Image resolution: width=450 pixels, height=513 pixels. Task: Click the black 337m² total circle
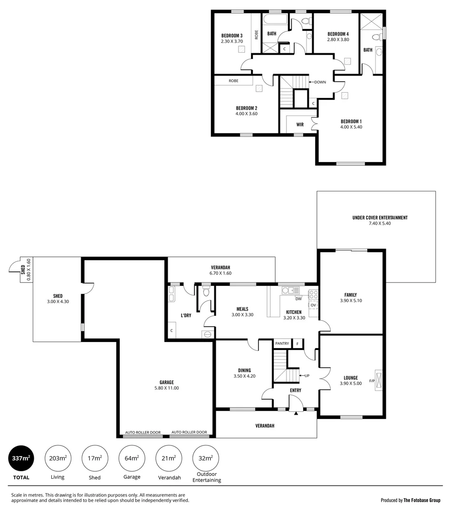click(21, 458)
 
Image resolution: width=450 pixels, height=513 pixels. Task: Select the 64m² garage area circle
click(132, 458)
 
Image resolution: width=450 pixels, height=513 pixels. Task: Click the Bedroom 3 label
click(232, 36)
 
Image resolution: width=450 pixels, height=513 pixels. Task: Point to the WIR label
click(300, 124)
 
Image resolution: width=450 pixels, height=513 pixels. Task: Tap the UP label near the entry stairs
click(306, 376)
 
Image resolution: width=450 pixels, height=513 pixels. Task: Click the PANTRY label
click(282, 343)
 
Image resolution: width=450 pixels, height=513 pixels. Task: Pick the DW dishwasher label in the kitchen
click(298, 299)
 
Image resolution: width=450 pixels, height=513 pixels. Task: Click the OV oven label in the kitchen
click(313, 305)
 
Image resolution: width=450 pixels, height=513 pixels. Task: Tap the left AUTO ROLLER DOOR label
click(143, 433)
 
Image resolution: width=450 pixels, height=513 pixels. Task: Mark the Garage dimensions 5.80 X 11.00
click(166, 388)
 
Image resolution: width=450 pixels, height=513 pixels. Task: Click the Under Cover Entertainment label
click(380, 218)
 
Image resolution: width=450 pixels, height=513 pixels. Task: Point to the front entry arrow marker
click(296, 413)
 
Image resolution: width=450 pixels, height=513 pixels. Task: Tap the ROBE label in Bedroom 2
click(233, 81)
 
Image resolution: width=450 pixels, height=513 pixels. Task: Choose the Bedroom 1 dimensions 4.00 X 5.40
click(351, 127)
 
